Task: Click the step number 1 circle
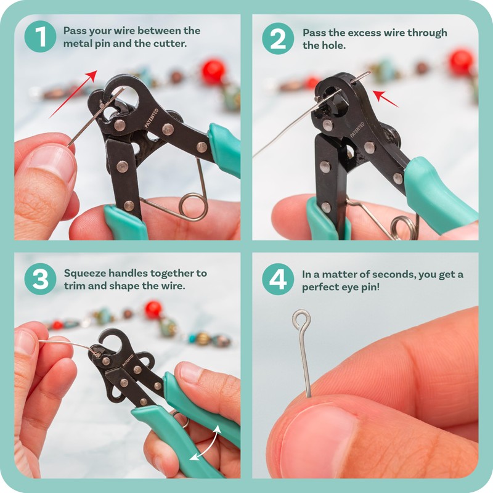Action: coord(40,37)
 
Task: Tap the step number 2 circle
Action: coord(278,38)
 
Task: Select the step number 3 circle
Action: coord(40,279)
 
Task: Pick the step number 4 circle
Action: coord(278,279)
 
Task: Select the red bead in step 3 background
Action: coord(153,309)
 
